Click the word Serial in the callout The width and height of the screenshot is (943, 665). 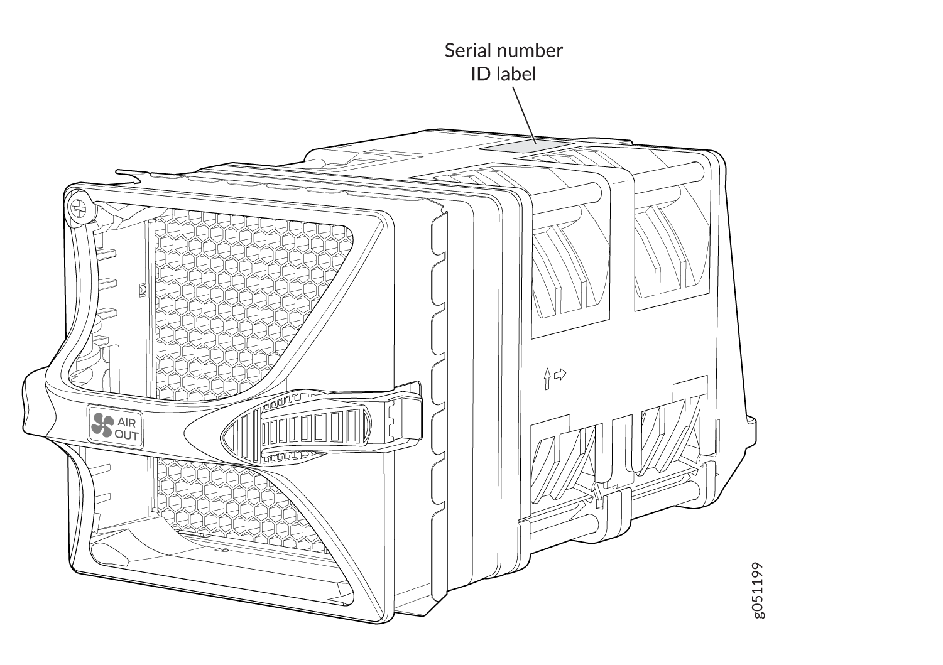click(466, 51)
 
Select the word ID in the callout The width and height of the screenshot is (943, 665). click(481, 74)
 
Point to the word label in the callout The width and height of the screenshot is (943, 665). click(517, 74)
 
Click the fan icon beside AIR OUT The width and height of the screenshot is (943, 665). click(101, 425)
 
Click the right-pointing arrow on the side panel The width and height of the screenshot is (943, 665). click(559, 375)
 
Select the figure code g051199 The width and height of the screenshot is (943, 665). click(759, 590)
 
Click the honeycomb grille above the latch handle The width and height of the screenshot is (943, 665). click(251, 301)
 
